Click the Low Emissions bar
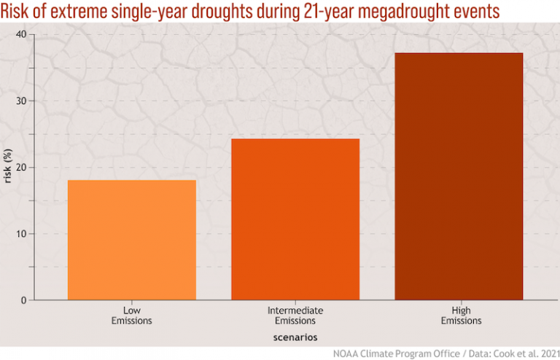point(131,240)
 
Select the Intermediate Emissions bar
point(295,219)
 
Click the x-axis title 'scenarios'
point(295,337)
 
